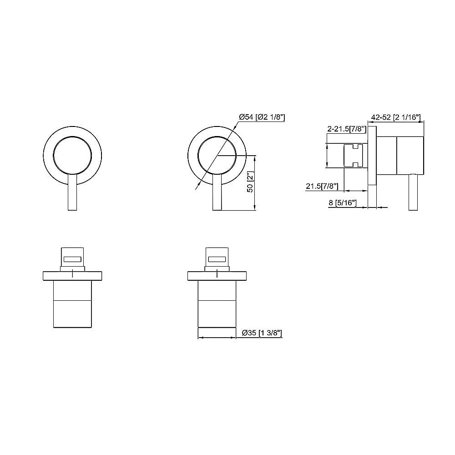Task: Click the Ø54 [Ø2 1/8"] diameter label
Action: point(262,117)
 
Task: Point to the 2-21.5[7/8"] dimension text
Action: point(347,129)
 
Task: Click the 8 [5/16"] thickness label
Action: point(342,203)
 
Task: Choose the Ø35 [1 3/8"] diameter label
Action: point(262,333)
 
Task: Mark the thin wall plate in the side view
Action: point(372,168)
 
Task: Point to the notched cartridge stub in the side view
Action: point(353,155)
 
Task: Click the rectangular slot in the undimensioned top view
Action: point(72,259)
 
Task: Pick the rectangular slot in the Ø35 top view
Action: point(217,259)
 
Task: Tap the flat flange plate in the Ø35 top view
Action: point(217,275)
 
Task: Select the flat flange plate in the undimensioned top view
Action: point(72,275)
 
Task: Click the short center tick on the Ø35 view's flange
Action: point(217,273)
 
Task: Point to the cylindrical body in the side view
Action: point(400,155)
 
